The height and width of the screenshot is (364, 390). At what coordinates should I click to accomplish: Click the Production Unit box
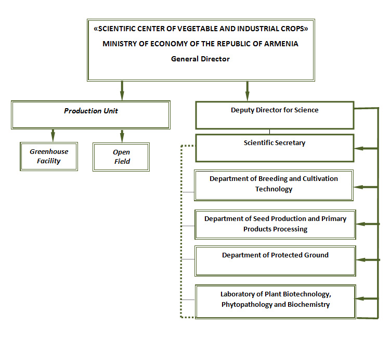(x=90, y=114)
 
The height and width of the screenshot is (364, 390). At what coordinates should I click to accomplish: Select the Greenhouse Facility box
(x=49, y=157)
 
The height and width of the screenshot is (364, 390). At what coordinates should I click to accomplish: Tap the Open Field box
(x=121, y=157)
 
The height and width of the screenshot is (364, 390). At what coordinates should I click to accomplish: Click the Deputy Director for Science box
(x=275, y=115)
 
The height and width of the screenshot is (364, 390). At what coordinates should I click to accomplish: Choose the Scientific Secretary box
(x=275, y=148)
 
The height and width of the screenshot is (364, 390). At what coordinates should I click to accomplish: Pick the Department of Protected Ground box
(x=275, y=261)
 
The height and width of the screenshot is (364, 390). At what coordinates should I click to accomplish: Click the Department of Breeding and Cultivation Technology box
(x=274, y=185)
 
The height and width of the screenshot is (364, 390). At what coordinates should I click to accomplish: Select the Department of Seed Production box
(x=275, y=224)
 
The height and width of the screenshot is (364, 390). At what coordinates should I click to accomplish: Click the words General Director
(x=200, y=59)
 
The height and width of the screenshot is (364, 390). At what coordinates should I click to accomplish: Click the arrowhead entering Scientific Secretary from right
(x=359, y=149)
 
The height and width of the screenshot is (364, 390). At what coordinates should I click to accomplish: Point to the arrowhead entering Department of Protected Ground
(x=360, y=259)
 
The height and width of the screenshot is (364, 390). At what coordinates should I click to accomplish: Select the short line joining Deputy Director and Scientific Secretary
(x=269, y=132)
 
